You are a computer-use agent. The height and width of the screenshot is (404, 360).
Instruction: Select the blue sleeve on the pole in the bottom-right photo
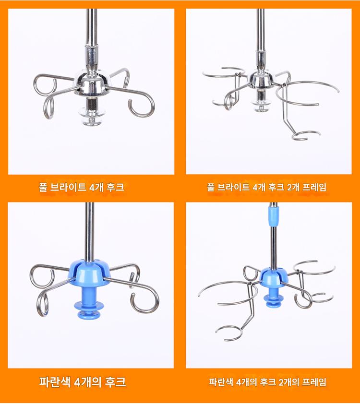[x=274, y=215]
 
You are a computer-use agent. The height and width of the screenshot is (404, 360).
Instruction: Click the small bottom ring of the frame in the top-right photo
[x=307, y=135]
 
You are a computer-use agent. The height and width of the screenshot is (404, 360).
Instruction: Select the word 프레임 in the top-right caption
[x=314, y=187]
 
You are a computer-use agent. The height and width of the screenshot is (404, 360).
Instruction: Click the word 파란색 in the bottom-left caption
[x=55, y=381]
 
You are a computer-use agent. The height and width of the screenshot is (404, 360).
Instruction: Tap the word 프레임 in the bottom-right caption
[x=314, y=382]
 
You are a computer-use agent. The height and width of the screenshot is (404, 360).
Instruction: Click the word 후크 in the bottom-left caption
[x=115, y=381]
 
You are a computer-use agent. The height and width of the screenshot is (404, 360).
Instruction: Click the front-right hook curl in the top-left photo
[x=142, y=105]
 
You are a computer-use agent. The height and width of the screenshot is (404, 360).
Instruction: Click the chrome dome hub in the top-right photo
[x=261, y=79]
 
